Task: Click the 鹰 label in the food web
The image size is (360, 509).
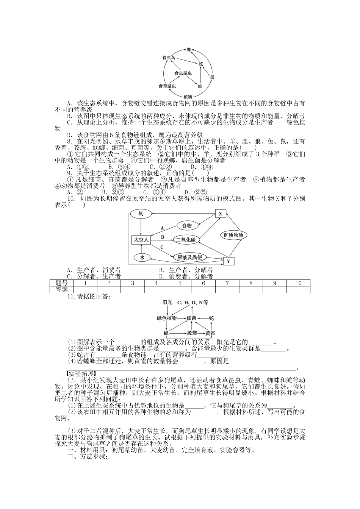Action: tap(189, 50)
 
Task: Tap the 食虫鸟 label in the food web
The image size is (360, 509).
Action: tap(169, 58)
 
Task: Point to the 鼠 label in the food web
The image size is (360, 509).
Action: tap(212, 77)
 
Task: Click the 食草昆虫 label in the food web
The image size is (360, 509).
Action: tap(167, 86)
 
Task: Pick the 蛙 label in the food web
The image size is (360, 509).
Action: tap(200, 86)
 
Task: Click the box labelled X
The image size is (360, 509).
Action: tap(220, 214)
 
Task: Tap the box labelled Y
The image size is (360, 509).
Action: tap(228, 261)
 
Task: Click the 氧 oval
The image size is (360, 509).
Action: tap(141, 214)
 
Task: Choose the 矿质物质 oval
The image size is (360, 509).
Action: tap(233, 235)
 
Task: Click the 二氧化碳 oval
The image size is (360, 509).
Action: tap(185, 239)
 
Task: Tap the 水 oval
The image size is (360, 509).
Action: tap(142, 258)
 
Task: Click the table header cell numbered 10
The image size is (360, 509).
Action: tap(298, 283)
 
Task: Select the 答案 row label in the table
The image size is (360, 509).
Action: tap(61, 290)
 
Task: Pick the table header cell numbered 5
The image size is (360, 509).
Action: tap(180, 283)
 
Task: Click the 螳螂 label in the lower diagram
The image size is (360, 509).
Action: tap(192, 333)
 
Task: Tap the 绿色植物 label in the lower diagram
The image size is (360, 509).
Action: tap(167, 319)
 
